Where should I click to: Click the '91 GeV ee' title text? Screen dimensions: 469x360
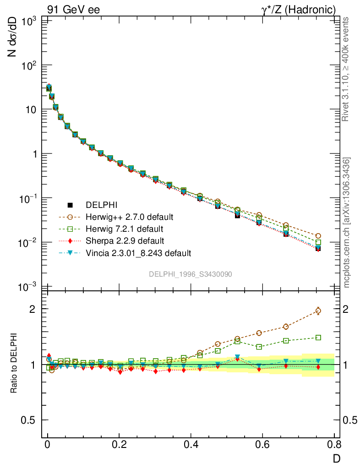[x=73, y=10]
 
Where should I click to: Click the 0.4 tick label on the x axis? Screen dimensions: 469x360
[x=191, y=445]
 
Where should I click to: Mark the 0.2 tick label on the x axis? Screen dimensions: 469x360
[x=119, y=445]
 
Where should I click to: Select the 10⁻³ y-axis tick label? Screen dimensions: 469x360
[x=28, y=287]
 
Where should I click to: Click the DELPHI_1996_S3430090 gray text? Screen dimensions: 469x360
[x=190, y=274]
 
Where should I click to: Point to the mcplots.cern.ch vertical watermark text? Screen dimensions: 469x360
[x=347, y=222]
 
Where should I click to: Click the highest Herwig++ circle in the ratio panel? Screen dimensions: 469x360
[x=318, y=311]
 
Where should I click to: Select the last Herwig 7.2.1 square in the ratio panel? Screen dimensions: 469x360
[x=318, y=338]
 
